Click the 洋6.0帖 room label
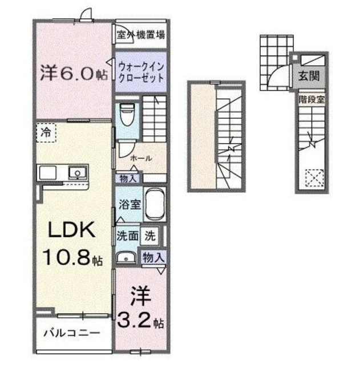tap(73, 75)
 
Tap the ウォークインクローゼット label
tap(141, 72)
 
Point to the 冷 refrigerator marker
tap(45, 132)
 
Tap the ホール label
tap(141, 159)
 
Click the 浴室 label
tap(129, 204)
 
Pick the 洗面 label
tap(127, 234)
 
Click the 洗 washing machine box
tap(149, 234)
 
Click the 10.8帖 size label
tap(71, 259)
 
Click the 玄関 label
tap(307, 75)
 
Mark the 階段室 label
tap(312, 98)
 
